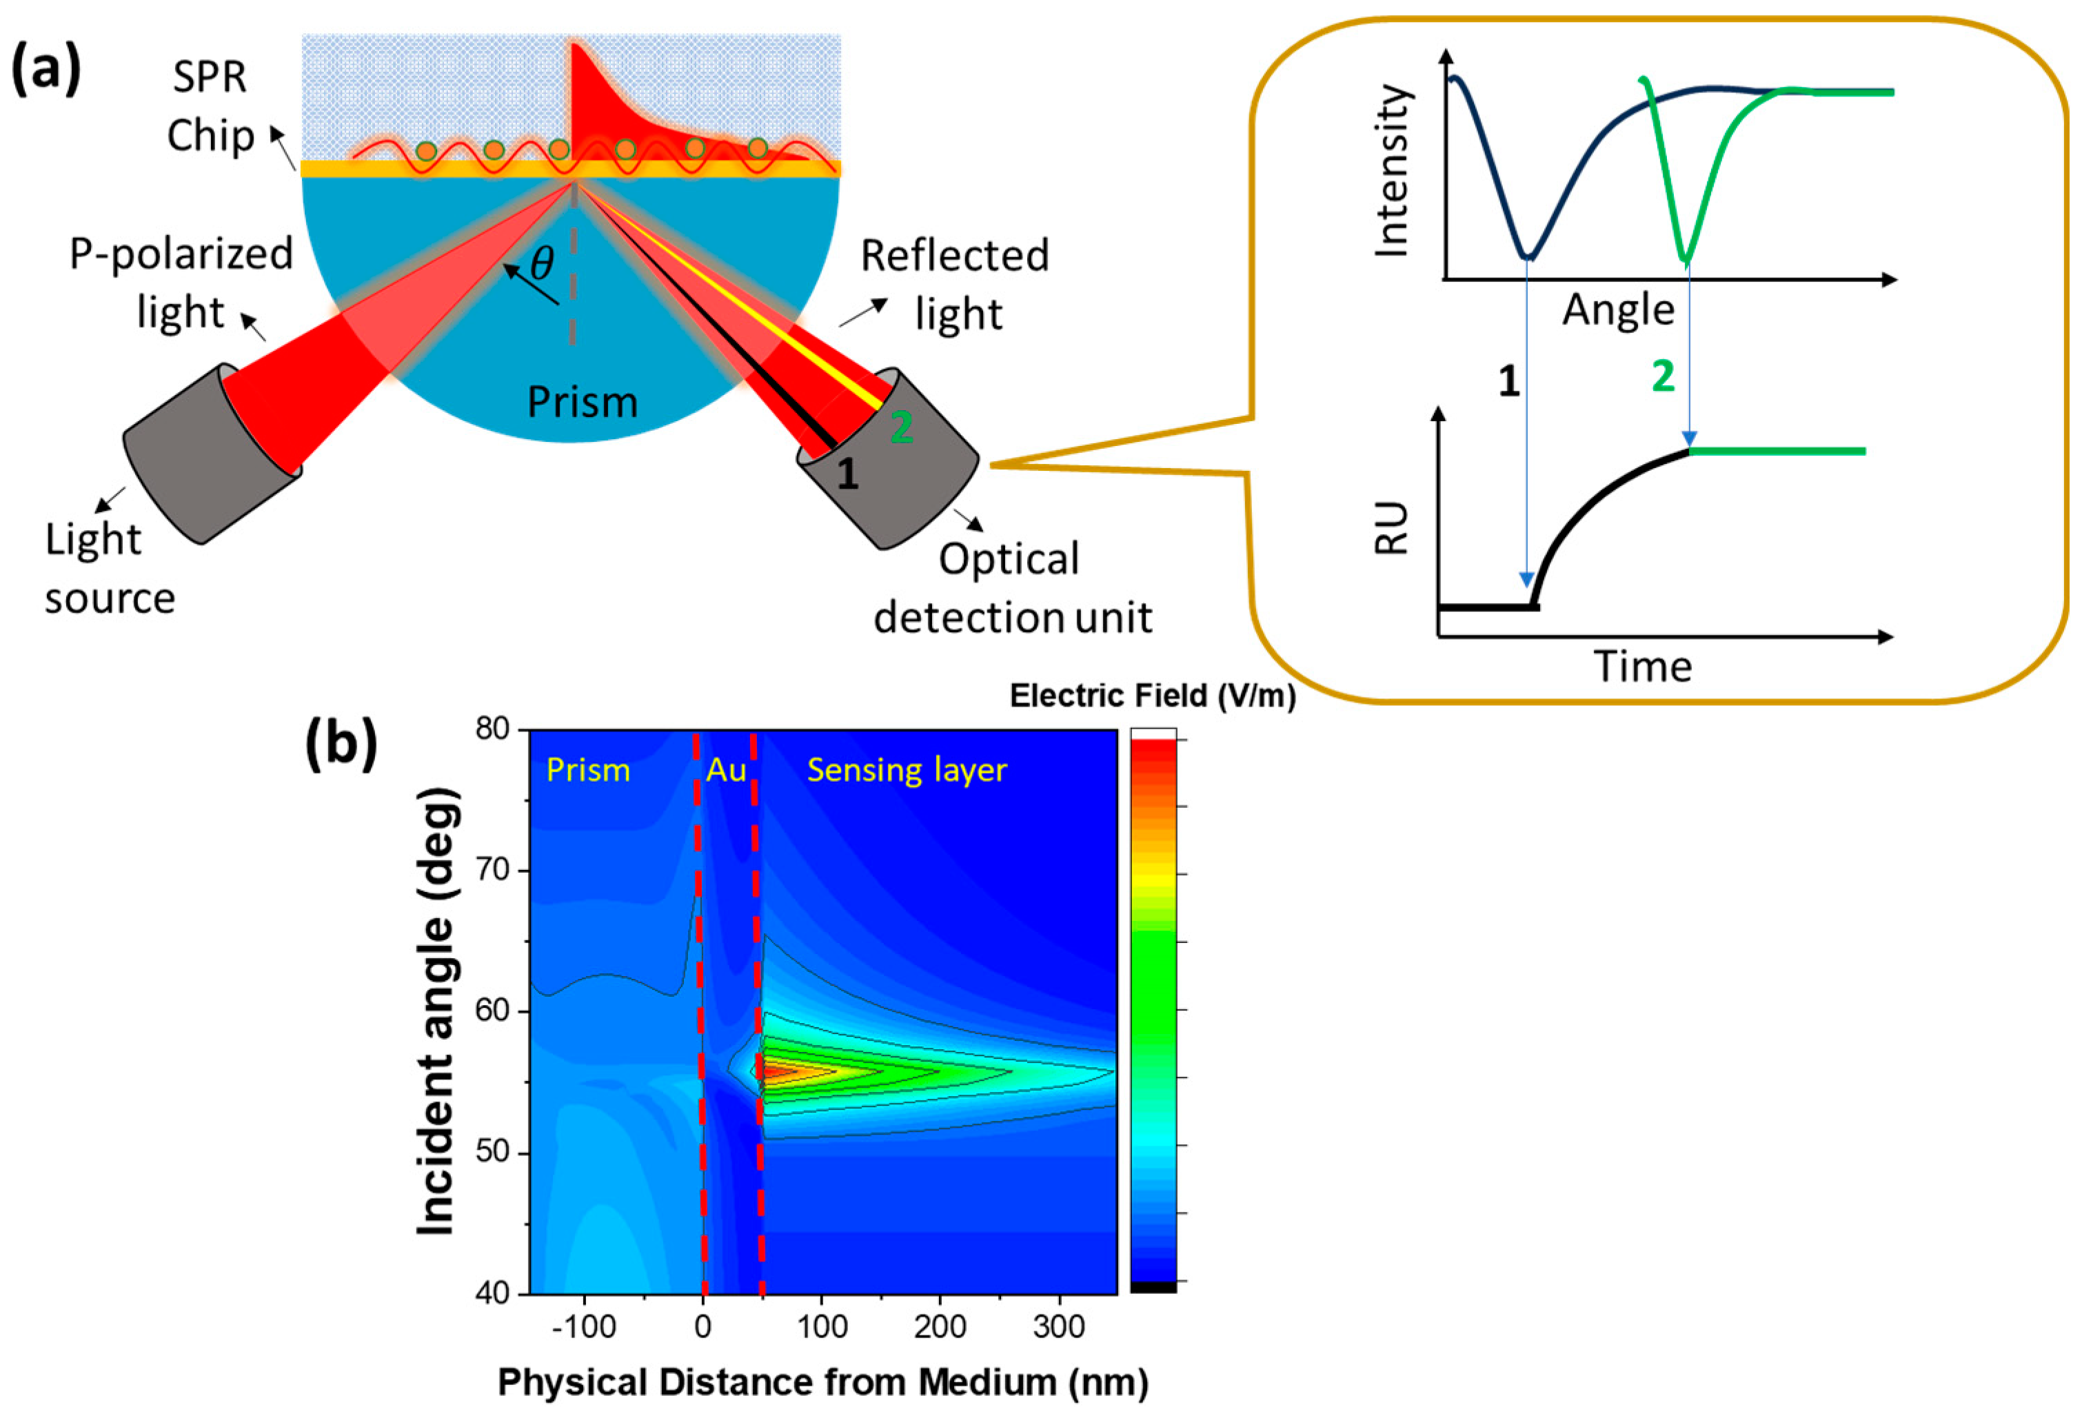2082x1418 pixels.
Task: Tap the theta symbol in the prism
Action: (542, 264)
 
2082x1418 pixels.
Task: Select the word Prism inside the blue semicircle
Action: (583, 402)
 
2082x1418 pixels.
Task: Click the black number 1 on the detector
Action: (847, 473)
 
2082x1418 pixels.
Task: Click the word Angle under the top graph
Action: (1618, 311)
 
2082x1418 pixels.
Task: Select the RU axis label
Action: (1392, 529)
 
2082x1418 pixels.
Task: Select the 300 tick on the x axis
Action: (1059, 1326)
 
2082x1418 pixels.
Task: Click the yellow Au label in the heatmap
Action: (726, 771)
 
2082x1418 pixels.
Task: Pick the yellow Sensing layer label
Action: (907, 771)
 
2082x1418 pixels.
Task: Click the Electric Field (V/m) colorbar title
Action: (1152, 696)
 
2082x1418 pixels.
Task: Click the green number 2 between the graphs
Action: (1663, 376)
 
